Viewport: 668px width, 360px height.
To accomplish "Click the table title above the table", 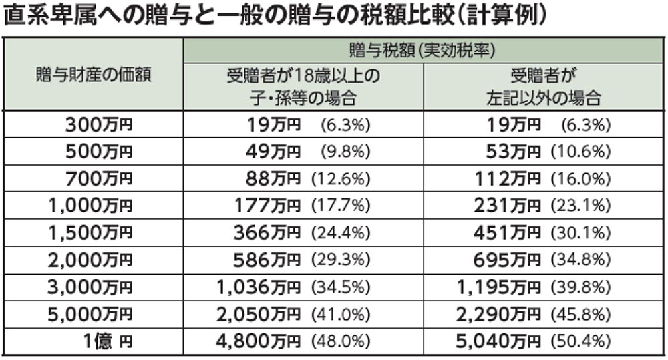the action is click(x=275, y=17).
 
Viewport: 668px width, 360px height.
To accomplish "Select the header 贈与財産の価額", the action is click(x=94, y=75).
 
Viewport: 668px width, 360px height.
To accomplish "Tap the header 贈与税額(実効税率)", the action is click(x=422, y=51).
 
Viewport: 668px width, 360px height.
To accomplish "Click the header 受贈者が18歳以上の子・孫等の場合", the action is click(x=303, y=87).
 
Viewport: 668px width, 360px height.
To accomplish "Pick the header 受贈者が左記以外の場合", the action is click(x=543, y=87).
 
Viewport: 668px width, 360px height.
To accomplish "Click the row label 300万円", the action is click(x=99, y=125).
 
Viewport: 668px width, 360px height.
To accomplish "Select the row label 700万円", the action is click(x=99, y=179).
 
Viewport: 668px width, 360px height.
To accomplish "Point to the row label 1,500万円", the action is click(x=90, y=233).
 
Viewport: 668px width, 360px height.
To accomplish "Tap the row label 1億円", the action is click(x=108, y=341).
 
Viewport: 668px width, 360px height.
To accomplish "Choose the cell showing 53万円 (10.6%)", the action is click(x=548, y=152).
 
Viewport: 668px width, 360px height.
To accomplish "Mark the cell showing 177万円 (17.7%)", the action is click(x=303, y=206).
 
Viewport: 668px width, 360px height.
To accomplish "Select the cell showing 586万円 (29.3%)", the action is click(x=302, y=260).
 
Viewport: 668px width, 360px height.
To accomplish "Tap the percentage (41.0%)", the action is click(x=341, y=315).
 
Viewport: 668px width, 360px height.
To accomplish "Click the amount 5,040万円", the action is click(x=498, y=341).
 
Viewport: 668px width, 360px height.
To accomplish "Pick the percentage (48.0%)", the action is click(x=341, y=341).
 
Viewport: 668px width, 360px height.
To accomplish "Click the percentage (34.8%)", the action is click(x=581, y=260).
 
